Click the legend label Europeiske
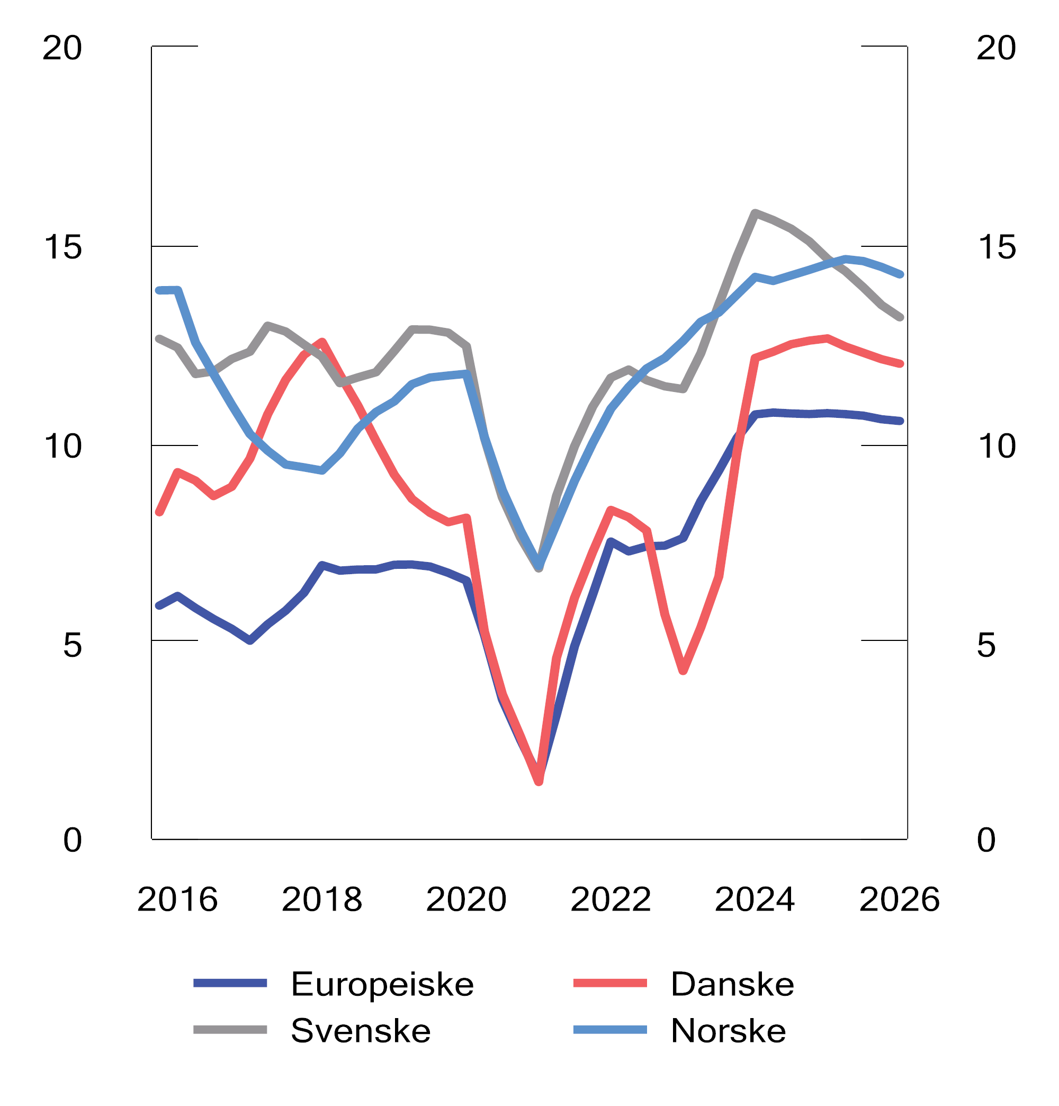pyautogui.click(x=382, y=984)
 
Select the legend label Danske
pyautogui.click(x=732, y=984)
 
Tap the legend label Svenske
pyautogui.click(x=361, y=1031)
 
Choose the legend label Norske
pyautogui.click(x=728, y=1031)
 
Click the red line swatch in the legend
pyautogui.click(x=609, y=984)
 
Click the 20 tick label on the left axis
pyautogui.click(x=62, y=48)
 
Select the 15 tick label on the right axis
pyautogui.click(x=996, y=247)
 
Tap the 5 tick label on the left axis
pyautogui.click(x=72, y=645)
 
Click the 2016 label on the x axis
pyautogui.click(x=177, y=899)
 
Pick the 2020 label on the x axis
pyautogui.click(x=466, y=899)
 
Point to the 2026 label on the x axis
pyautogui.click(x=899, y=899)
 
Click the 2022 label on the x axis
pyautogui.click(x=611, y=899)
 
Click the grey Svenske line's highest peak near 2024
pyautogui.click(x=755, y=213)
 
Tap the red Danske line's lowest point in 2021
pyautogui.click(x=539, y=781)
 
